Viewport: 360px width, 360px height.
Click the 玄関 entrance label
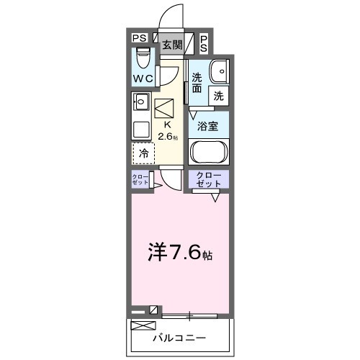point(171,45)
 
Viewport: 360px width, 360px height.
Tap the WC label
point(141,78)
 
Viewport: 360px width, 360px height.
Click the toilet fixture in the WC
point(142,55)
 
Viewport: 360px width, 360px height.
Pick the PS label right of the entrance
point(204,43)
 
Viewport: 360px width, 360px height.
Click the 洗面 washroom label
point(197,83)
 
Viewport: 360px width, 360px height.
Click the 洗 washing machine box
point(217,94)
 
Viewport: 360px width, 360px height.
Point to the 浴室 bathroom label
point(208,125)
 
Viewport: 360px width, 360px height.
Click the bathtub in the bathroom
point(208,153)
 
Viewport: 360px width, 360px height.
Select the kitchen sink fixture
point(141,102)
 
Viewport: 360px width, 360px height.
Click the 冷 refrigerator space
point(143,153)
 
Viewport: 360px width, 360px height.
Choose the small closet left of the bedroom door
point(140,179)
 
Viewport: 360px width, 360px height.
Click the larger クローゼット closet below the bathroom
point(208,179)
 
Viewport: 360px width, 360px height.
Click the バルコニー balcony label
point(179,338)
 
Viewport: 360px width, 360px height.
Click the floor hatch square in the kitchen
point(164,108)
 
